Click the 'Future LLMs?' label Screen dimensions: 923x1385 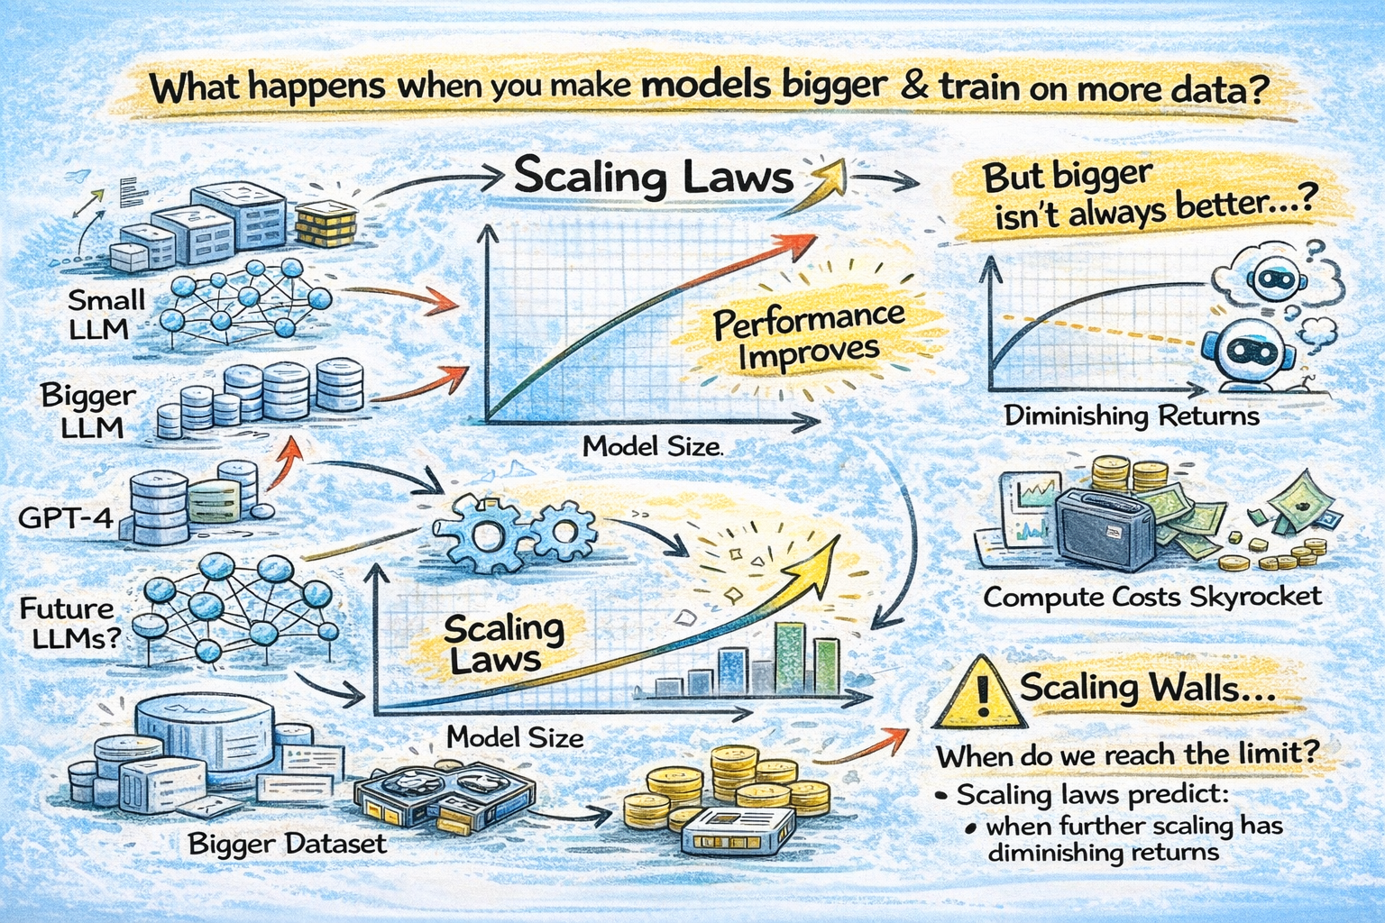pos(69,624)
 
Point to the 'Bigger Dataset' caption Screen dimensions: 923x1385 pos(287,845)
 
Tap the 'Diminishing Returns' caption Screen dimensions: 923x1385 pos(1132,416)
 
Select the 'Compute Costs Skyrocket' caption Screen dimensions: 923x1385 pos(1152,597)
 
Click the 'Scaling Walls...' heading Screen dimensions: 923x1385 pos(1147,690)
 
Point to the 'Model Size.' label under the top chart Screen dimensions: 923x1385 pos(653,446)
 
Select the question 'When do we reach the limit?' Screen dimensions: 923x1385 pos(1124,755)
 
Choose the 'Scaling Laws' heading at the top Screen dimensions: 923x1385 pos(653,176)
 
